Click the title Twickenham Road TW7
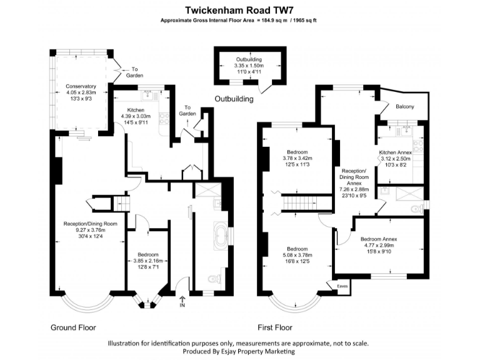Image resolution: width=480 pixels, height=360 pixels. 239,10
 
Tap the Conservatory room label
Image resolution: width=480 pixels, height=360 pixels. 81,86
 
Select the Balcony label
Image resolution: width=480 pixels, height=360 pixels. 405,107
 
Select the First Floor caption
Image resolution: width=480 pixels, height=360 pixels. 274,327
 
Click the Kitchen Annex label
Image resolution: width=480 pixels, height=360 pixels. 396,152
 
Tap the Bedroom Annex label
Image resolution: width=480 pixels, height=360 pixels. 379,239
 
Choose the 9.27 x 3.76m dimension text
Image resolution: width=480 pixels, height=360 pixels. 90,230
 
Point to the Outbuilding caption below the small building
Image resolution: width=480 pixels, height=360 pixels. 234,99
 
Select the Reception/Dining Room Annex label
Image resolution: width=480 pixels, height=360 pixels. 354,177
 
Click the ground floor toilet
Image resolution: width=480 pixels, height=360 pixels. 212,279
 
